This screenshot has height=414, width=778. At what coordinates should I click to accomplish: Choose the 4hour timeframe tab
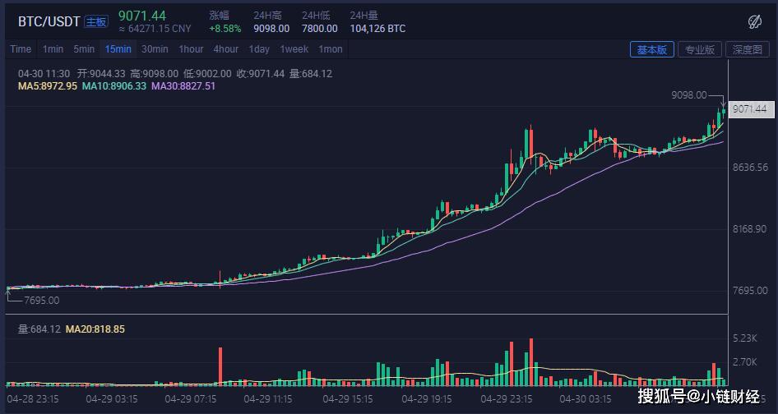pyautogui.click(x=226, y=49)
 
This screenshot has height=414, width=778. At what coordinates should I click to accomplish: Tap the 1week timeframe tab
pyautogui.click(x=294, y=49)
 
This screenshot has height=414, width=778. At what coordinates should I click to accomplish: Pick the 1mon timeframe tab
pyautogui.click(x=331, y=49)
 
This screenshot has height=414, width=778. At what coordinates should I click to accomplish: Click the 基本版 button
pyautogui.click(x=651, y=49)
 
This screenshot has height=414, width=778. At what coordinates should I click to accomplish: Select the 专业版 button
pyautogui.click(x=699, y=49)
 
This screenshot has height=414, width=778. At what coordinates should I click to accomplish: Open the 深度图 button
pyautogui.click(x=748, y=49)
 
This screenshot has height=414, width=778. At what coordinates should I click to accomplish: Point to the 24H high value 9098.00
pyautogui.click(x=271, y=29)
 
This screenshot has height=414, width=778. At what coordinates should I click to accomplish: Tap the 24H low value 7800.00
pyautogui.click(x=319, y=29)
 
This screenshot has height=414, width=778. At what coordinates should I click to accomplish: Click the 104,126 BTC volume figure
pyautogui.click(x=377, y=29)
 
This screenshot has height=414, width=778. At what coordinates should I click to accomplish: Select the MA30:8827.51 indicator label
pyautogui.click(x=183, y=86)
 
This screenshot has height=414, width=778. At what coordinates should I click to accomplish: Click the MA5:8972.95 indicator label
pyautogui.click(x=48, y=86)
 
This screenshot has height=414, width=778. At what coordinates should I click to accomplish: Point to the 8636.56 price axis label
pyautogui.click(x=749, y=168)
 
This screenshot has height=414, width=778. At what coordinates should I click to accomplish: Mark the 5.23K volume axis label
pyautogui.click(x=745, y=338)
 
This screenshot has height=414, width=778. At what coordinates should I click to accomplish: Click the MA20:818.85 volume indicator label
pyautogui.click(x=95, y=329)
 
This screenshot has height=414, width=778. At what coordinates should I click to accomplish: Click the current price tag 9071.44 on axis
pyautogui.click(x=748, y=109)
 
